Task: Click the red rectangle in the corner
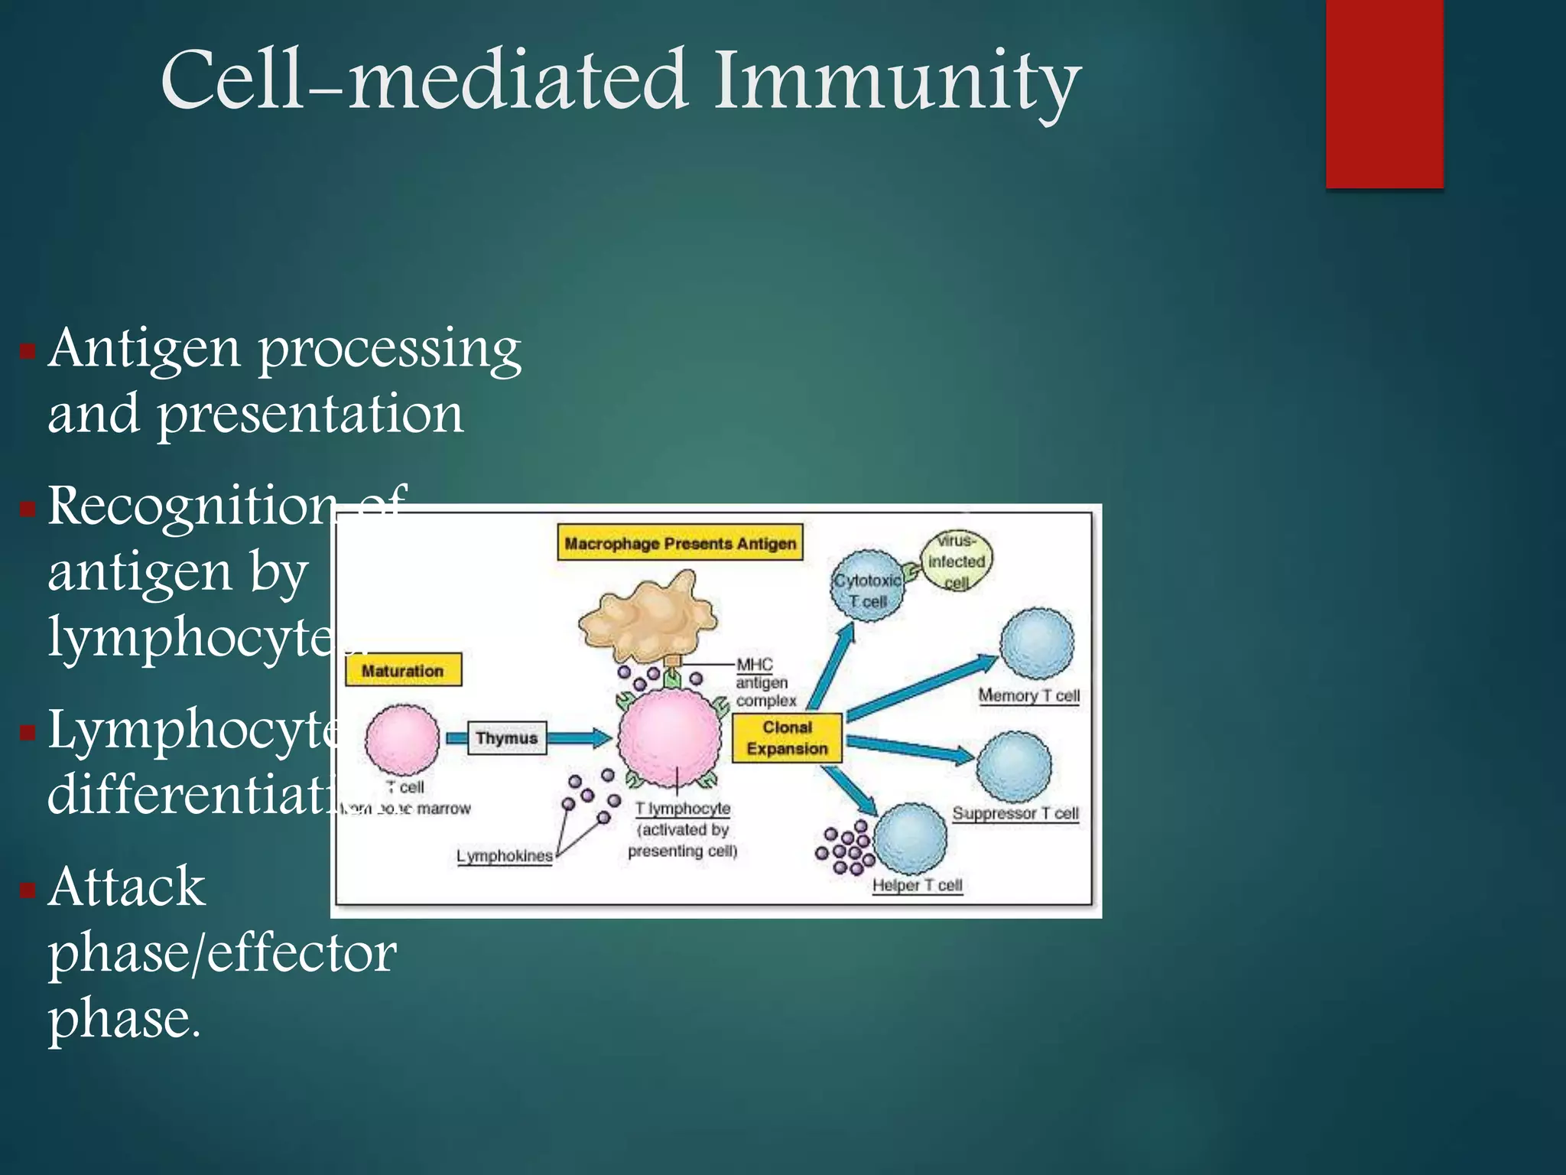pyautogui.click(x=1384, y=93)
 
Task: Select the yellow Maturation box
pyautogui.click(x=403, y=670)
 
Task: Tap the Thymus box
pyautogui.click(x=506, y=737)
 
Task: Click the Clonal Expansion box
pyautogui.click(x=787, y=738)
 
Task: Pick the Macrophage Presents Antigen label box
pyautogui.click(x=680, y=543)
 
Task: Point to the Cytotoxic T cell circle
pyautogui.click(x=867, y=586)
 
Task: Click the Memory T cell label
pyautogui.click(x=1028, y=695)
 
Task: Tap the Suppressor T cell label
pyautogui.click(x=1015, y=813)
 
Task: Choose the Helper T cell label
pyautogui.click(x=917, y=885)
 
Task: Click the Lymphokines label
pyautogui.click(x=504, y=856)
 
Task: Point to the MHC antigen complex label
pyautogui.click(x=765, y=682)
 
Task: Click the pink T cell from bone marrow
pyautogui.click(x=402, y=739)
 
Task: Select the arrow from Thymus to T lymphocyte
pyautogui.click(x=578, y=737)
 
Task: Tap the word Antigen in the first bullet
pyautogui.click(x=145, y=349)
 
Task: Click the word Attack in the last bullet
pyautogui.click(x=127, y=887)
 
